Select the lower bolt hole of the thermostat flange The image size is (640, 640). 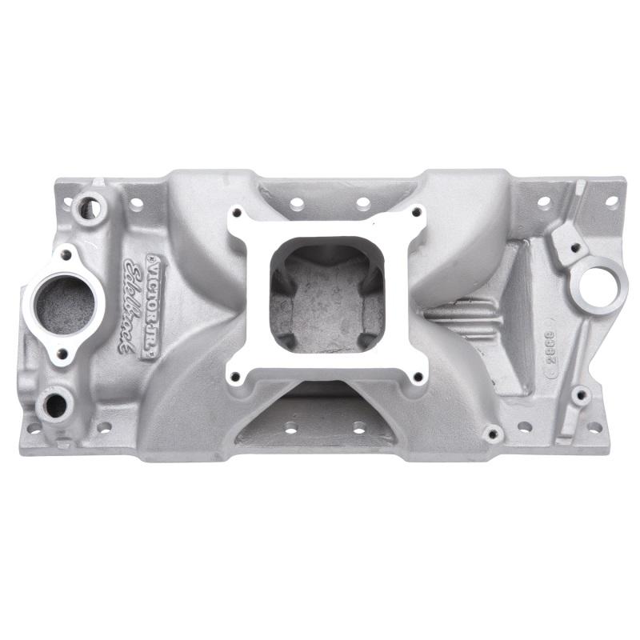(62, 353)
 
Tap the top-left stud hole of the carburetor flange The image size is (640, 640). (235, 214)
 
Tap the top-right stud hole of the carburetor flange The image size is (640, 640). (417, 213)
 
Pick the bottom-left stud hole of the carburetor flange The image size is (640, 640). (235, 375)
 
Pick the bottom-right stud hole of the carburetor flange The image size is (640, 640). (417, 375)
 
